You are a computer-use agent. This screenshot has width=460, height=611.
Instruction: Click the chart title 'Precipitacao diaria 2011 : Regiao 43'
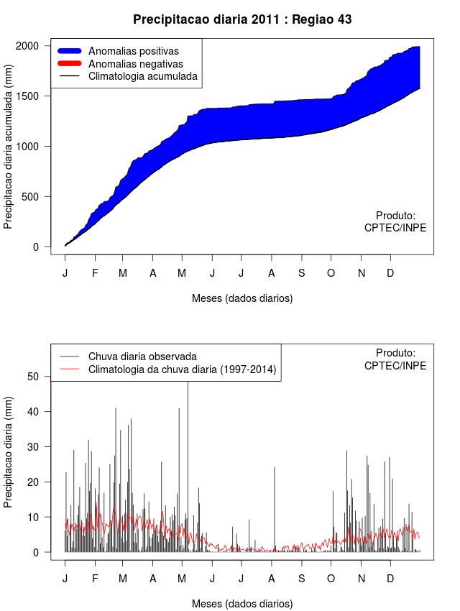(x=242, y=19)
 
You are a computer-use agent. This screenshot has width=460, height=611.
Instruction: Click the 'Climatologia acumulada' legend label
(x=142, y=76)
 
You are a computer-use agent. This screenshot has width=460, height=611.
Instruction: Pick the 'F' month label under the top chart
(x=95, y=273)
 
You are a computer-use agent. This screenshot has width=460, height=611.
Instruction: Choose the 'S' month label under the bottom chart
(x=302, y=579)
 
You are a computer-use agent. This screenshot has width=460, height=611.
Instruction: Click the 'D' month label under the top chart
(x=390, y=273)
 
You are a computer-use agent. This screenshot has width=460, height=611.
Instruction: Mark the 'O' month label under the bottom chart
(x=331, y=579)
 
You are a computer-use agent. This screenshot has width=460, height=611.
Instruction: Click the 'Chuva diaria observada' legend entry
(x=142, y=356)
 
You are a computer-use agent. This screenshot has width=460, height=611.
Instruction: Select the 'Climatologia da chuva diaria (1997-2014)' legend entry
(x=182, y=369)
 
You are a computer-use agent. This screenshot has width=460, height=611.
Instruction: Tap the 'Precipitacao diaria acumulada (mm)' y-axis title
(x=9, y=146)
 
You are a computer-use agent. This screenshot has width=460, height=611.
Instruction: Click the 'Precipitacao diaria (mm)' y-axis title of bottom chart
(x=9, y=451)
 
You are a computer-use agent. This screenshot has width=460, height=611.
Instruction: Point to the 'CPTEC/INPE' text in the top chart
(x=395, y=228)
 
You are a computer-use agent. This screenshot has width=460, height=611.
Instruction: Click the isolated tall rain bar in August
(x=274, y=503)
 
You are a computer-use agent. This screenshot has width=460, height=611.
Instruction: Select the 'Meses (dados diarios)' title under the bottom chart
(x=242, y=604)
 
